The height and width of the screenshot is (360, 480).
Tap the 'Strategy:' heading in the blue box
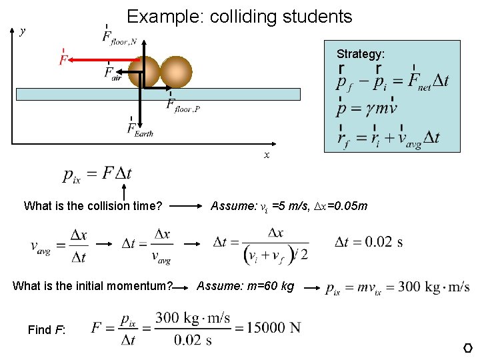click(360, 53)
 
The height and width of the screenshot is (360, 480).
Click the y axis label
click(23, 31)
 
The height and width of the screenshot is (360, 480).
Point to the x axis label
click(267, 155)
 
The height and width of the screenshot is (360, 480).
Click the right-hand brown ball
click(176, 71)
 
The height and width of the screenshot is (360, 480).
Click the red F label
click(63, 59)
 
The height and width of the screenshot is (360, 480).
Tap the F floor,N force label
click(120, 37)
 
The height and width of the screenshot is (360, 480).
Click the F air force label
click(113, 73)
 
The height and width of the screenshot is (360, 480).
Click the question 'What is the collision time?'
click(93, 206)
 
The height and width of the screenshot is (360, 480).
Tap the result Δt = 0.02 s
click(369, 241)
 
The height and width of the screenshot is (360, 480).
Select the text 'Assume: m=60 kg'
click(245, 286)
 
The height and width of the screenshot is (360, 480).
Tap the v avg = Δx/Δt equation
click(59, 245)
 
